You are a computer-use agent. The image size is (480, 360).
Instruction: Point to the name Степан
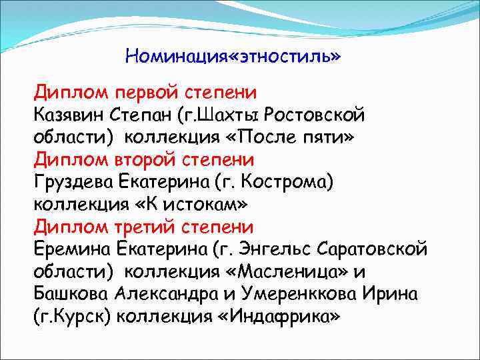coord(145,114)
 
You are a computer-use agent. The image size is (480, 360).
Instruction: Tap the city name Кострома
coord(287,181)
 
